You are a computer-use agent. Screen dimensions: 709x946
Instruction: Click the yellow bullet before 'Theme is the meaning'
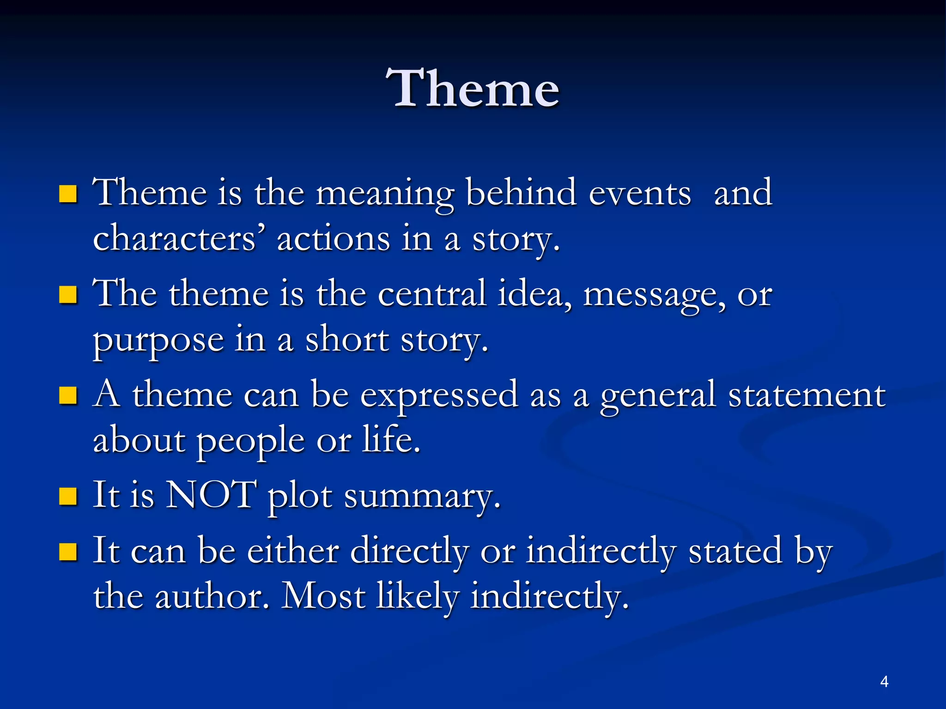68,194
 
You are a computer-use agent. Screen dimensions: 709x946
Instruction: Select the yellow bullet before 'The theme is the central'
68,294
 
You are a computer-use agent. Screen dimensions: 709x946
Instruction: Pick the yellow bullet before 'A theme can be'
68,396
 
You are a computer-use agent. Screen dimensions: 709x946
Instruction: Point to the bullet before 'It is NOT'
68,497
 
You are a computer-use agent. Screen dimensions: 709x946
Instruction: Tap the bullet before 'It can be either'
68,551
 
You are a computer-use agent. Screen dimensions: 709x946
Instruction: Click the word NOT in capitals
211,495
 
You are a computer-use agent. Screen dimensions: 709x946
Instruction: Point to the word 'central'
432,294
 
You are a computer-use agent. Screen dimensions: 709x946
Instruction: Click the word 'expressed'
439,396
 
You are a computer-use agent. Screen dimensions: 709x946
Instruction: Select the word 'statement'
807,395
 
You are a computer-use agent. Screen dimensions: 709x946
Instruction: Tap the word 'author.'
212,596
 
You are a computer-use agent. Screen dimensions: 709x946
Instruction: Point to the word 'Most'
323,596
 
